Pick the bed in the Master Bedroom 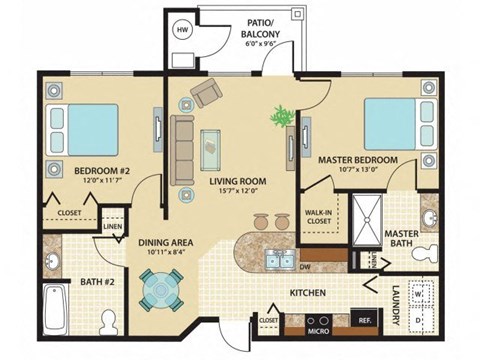click(x=393, y=122)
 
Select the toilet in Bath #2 click(x=113, y=319)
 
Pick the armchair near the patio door click(x=209, y=95)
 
